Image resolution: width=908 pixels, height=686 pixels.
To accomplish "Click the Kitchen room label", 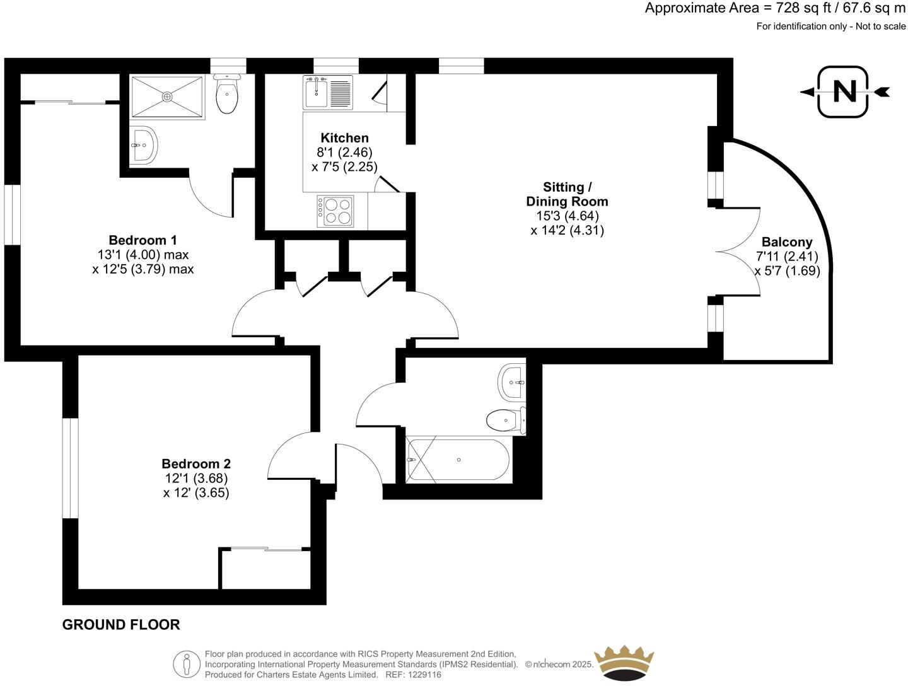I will [x=344, y=138].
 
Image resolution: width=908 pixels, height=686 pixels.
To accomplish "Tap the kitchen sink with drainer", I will [x=327, y=93].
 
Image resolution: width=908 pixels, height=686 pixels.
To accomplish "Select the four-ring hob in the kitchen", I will [x=335, y=211].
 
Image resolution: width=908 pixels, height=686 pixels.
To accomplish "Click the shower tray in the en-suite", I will [x=167, y=96].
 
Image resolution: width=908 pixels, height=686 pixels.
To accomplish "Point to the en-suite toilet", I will [x=226, y=95].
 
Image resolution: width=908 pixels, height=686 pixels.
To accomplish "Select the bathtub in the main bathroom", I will [x=458, y=460].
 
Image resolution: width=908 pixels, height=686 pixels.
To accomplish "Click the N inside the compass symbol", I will [x=844, y=92].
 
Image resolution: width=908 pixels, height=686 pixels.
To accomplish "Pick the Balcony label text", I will [x=787, y=242].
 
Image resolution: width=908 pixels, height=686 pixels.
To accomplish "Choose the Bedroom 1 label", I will [x=143, y=240].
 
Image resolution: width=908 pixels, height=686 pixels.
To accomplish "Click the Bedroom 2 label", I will [x=196, y=464].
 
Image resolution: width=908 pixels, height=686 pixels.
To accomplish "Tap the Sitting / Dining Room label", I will [x=567, y=194].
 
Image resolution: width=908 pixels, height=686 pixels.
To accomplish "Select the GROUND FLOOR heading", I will [x=121, y=625].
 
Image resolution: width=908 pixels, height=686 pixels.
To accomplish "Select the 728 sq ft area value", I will [x=796, y=8].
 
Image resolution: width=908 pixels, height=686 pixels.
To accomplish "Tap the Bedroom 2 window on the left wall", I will [x=70, y=468].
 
